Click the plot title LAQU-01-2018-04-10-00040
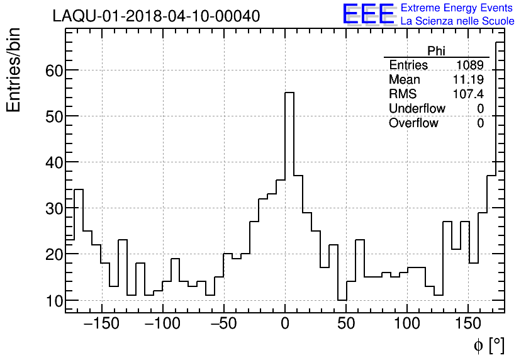(156, 16)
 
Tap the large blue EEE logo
(368, 14)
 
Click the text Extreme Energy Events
(457, 8)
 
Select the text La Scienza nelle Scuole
(457, 21)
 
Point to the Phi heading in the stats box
(436, 51)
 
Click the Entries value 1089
(470, 65)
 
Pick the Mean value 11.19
(468, 80)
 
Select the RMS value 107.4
(468, 94)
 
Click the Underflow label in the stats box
(417, 109)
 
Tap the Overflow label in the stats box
(413, 123)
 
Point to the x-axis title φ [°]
(488, 346)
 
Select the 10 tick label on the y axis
(54, 301)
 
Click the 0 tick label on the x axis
(285, 324)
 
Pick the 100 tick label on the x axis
(407, 324)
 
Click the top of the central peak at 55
(289, 93)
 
